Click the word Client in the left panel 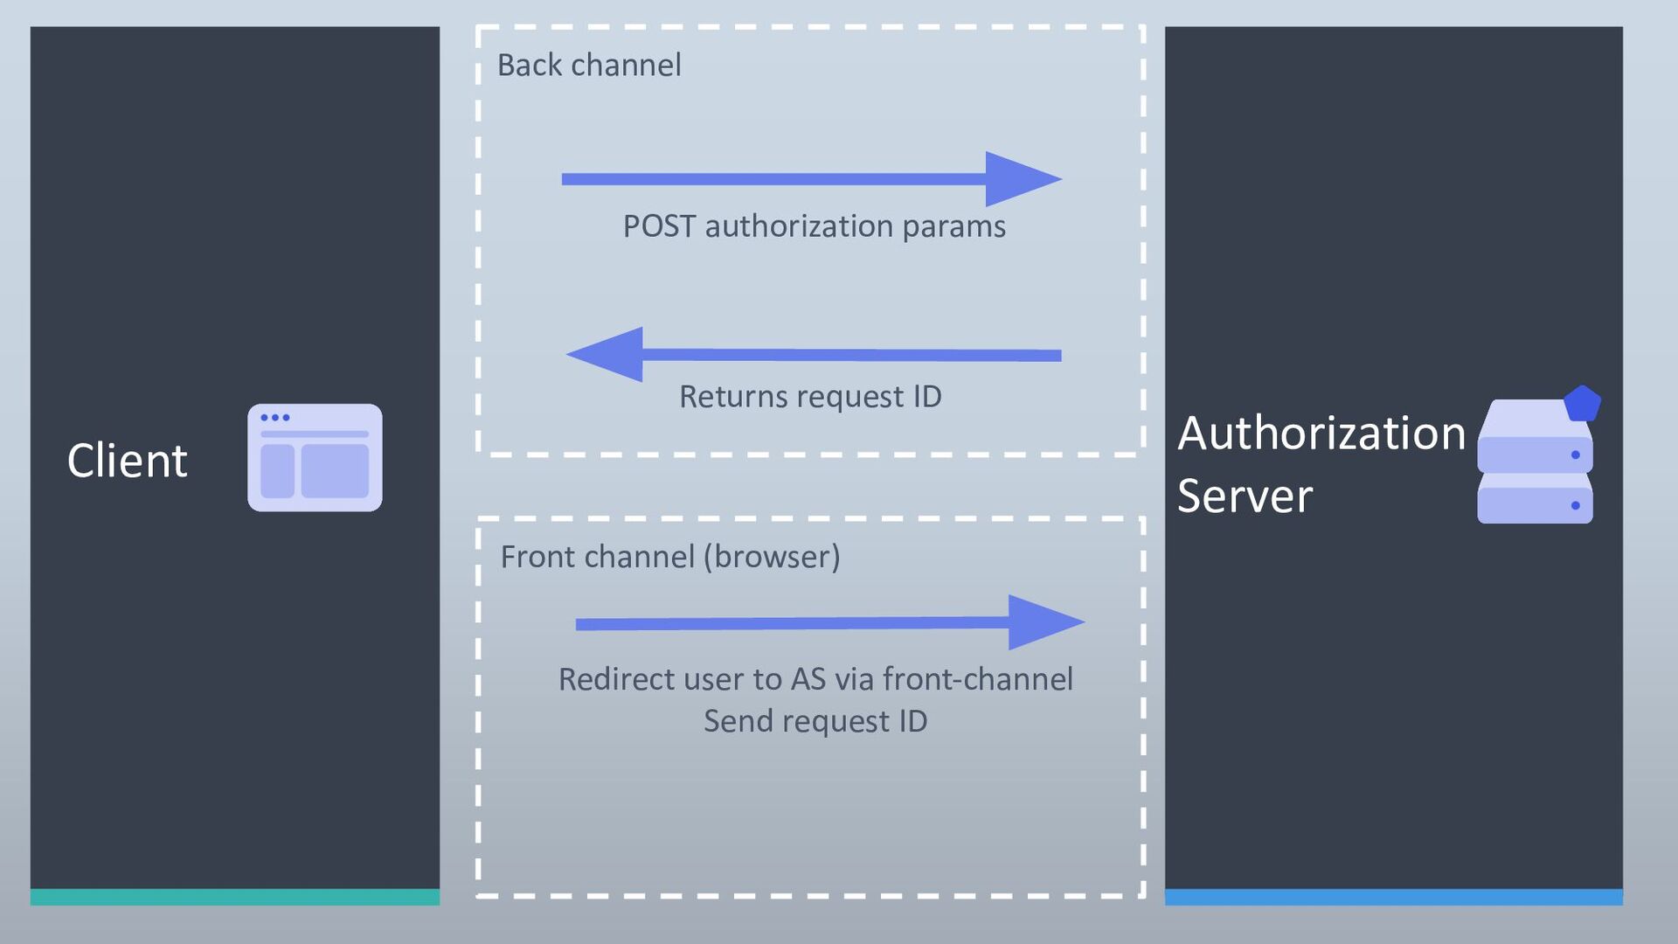[127, 461]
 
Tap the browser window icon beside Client [315, 457]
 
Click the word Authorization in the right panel [1321, 433]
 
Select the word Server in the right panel [1245, 496]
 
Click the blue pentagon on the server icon [1582, 403]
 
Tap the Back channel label [589, 65]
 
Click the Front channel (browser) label [670, 557]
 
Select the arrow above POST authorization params [812, 179]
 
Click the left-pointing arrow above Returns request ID [814, 355]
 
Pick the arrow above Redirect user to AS [830, 622]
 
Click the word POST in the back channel [659, 226]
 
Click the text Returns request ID [810, 397]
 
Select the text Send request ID [815, 722]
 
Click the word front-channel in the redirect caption [978, 679]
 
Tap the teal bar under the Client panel [235, 897]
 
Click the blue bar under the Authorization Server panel [1394, 897]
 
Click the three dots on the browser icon [274, 418]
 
